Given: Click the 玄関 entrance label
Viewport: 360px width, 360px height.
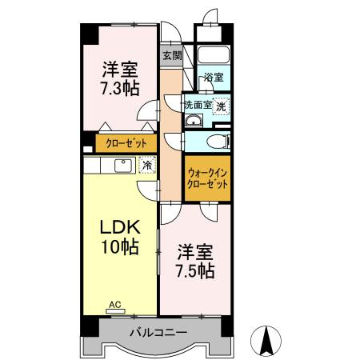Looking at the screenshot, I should [171, 56].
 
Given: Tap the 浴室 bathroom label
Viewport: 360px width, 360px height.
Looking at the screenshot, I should [214, 78].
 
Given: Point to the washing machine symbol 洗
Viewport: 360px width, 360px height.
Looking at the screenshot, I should [221, 105].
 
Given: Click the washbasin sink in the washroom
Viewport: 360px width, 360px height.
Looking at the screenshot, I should [193, 121].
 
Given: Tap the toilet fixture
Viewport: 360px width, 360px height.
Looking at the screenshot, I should [217, 142].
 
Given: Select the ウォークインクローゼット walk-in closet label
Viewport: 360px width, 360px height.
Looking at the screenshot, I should [207, 177].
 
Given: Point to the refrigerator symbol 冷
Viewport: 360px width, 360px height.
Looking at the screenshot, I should [146, 165].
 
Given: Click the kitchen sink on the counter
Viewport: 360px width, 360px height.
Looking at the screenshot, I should [123, 166].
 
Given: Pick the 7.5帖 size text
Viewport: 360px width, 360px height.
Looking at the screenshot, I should [195, 270].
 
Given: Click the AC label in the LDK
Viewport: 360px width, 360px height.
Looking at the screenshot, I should [115, 304].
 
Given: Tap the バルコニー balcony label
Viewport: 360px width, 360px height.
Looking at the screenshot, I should [159, 332].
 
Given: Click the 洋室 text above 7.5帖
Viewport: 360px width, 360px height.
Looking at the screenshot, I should [195, 251].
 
